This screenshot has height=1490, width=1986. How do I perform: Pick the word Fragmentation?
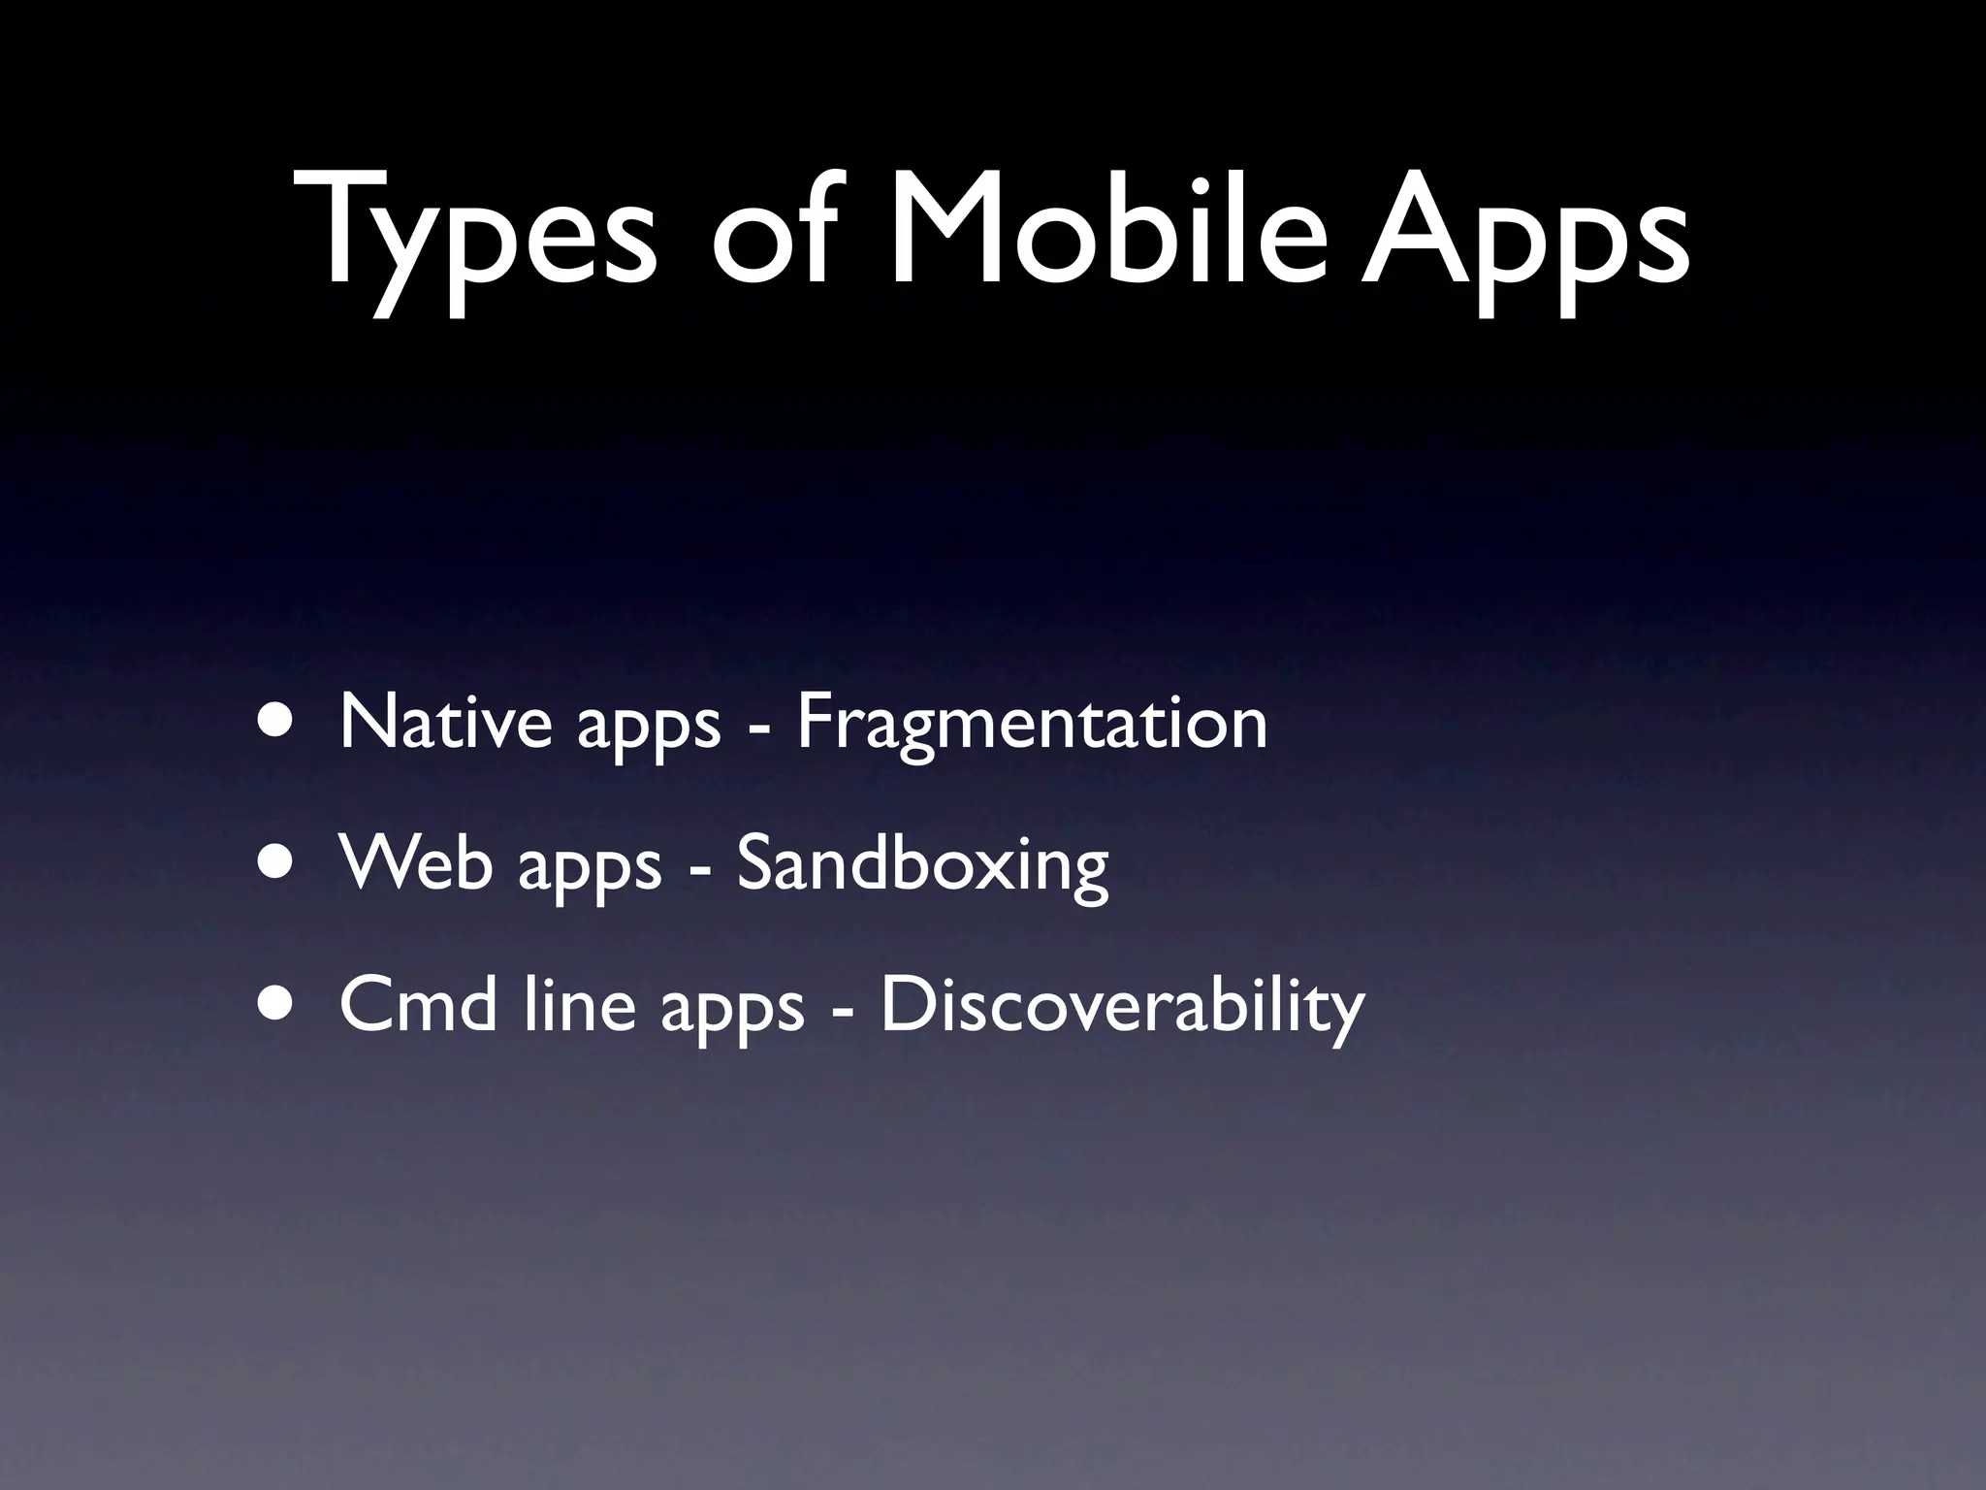[x=1032, y=723]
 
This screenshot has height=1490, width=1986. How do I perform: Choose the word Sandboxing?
[x=922, y=863]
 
